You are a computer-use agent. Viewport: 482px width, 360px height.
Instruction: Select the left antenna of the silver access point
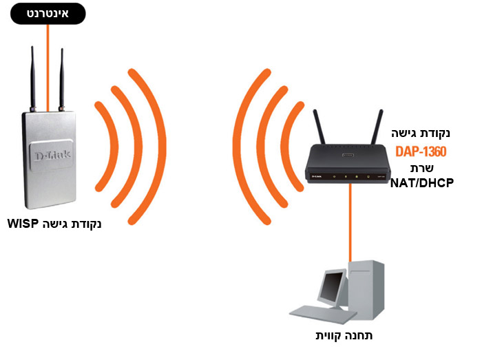pyautogui.click(x=32, y=76)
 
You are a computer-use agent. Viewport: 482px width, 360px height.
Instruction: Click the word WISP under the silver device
pyautogui.click(x=25, y=224)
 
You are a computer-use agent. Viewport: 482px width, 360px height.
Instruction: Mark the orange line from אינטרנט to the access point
pyautogui.click(x=47, y=62)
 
